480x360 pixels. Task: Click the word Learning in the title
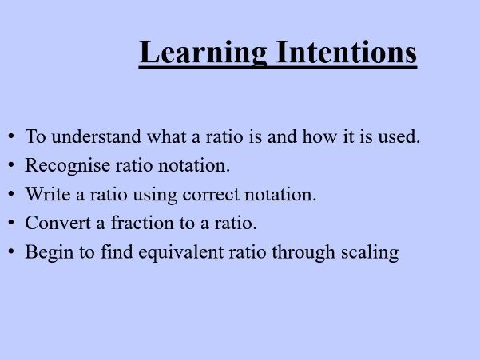[x=203, y=53]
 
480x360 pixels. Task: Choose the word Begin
[x=46, y=253]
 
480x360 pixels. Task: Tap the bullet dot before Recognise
[x=11, y=166]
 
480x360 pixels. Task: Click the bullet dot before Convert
[x=11, y=224]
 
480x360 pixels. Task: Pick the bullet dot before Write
[x=11, y=195]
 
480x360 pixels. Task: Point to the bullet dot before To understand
[x=11, y=136]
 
